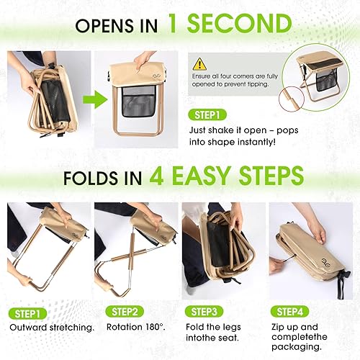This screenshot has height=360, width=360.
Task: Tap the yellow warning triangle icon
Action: coord(200,63)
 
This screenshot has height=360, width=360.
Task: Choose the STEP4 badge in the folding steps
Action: coord(291,312)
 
